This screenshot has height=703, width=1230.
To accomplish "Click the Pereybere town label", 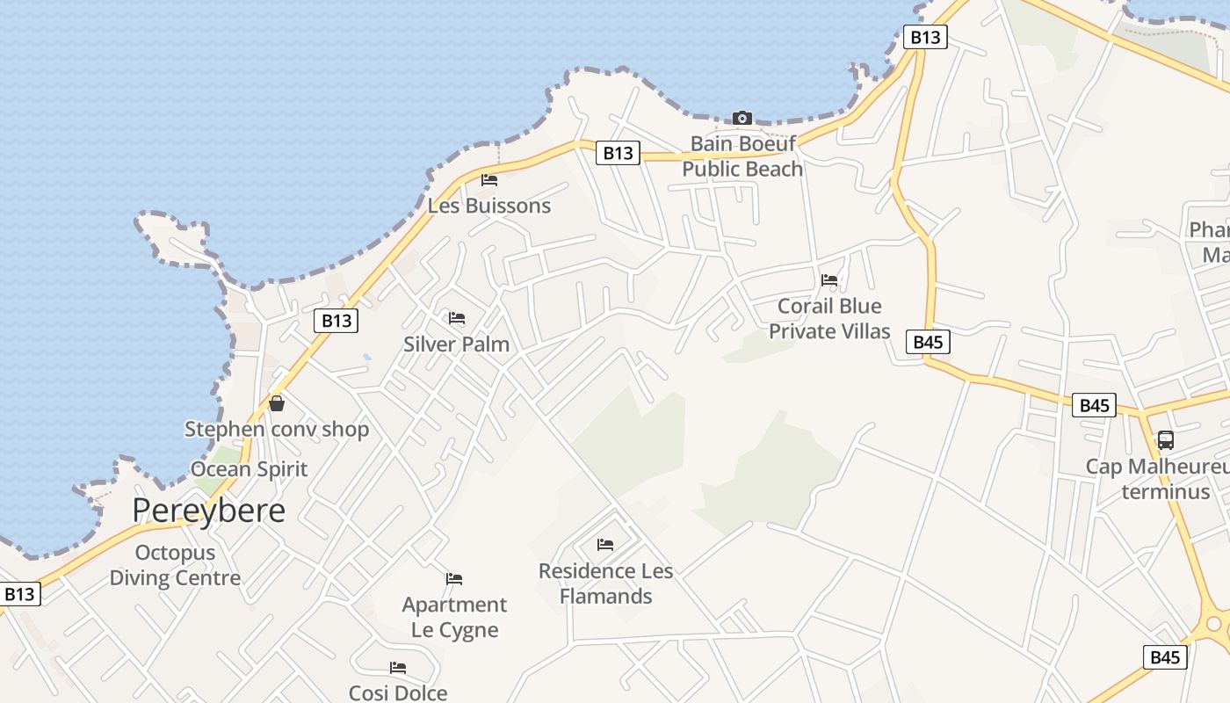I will tap(209, 511).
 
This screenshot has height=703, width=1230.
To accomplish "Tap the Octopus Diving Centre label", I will tap(175, 565).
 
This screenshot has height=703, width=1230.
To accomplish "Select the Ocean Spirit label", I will tap(250, 469).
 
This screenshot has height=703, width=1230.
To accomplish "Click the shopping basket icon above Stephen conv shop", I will tap(277, 403).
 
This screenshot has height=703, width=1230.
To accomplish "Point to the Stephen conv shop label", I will tap(277, 430).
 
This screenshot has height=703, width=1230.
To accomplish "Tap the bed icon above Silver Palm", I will tap(457, 318).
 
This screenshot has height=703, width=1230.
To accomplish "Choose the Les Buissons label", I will tap(489, 206).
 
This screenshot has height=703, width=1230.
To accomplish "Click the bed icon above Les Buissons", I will tap(489, 180).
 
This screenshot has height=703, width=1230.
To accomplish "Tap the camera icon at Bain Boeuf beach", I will tap(742, 118).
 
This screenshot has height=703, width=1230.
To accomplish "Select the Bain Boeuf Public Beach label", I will tap(742, 156).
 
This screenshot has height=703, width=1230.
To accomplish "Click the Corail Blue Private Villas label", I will tap(829, 319).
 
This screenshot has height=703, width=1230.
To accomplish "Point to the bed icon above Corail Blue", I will tap(829, 280).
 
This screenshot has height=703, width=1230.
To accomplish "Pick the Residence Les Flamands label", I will tap(606, 583).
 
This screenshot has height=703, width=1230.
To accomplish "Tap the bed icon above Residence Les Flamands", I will tap(605, 545).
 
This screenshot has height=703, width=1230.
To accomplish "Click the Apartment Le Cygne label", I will tap(454, 617).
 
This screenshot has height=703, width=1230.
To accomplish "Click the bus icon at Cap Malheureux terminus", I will tap(1166, 440).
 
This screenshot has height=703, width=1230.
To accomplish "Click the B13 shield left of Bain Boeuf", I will tap(618, 153).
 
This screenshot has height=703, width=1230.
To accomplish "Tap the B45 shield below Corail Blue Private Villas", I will tap(928, 342).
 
